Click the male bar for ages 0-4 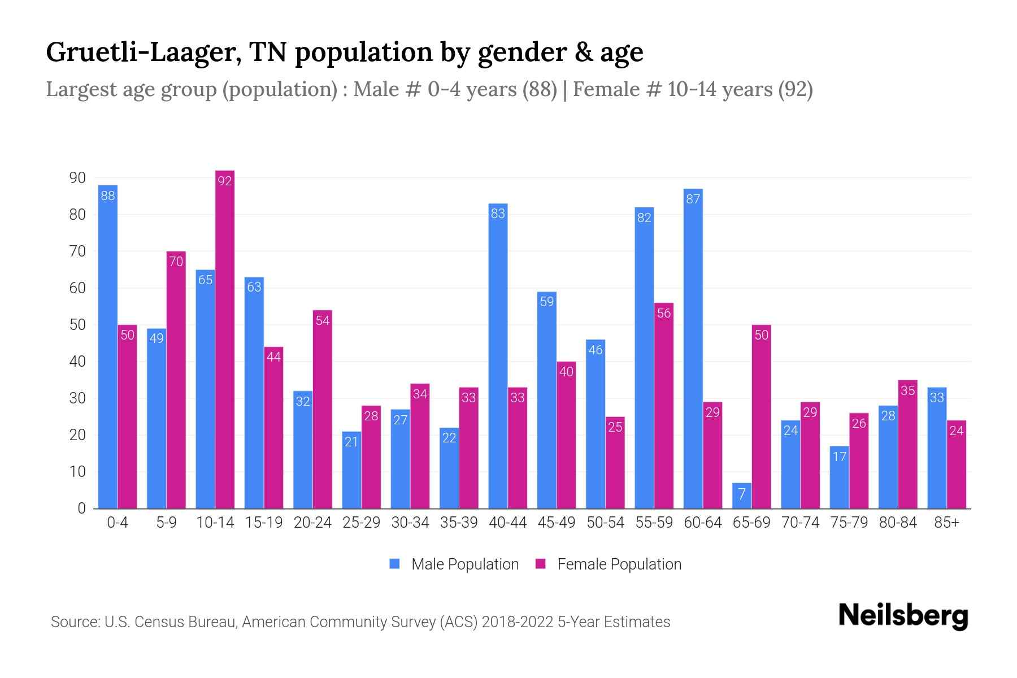tap(107, 347)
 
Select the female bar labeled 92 tap(225, 339)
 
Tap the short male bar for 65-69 tap(742, 496)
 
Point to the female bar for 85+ tap(957, 464)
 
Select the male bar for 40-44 tap(498, 356)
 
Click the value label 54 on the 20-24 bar tap(323, 320)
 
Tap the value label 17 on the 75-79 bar tap(840, 456)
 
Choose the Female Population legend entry tap(609, 564)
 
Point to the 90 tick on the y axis tap(77, 178)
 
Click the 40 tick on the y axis tap(77, 362)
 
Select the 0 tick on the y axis tap(81, 508)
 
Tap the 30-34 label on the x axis tap(410, 523)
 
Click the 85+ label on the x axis tap(946, 523)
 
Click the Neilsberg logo tap(903, 616)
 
